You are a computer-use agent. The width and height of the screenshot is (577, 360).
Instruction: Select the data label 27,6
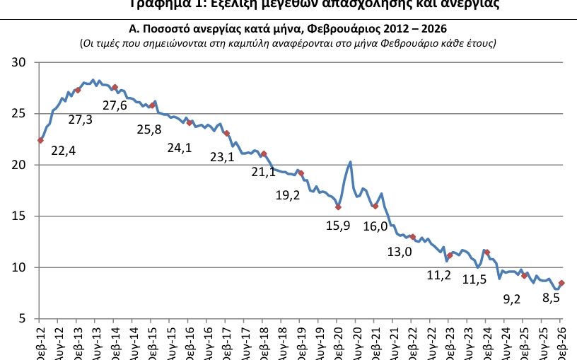pos(115,105)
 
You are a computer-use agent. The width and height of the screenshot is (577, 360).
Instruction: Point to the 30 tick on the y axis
pos(19,63)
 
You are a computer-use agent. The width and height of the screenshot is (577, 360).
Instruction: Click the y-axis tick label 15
pos(19,216)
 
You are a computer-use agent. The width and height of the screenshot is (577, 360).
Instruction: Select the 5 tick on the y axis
pos(23,319)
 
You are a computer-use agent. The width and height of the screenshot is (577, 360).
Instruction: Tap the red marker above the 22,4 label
pos(40,140)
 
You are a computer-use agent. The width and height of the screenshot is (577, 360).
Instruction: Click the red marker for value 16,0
pos(375,206)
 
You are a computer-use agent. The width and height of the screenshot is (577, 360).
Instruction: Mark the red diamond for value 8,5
pos(561,283)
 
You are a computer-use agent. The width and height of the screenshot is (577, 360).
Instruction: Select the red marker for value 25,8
pos(152,105)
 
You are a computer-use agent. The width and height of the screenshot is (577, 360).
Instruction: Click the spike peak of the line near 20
pos(351,163)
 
